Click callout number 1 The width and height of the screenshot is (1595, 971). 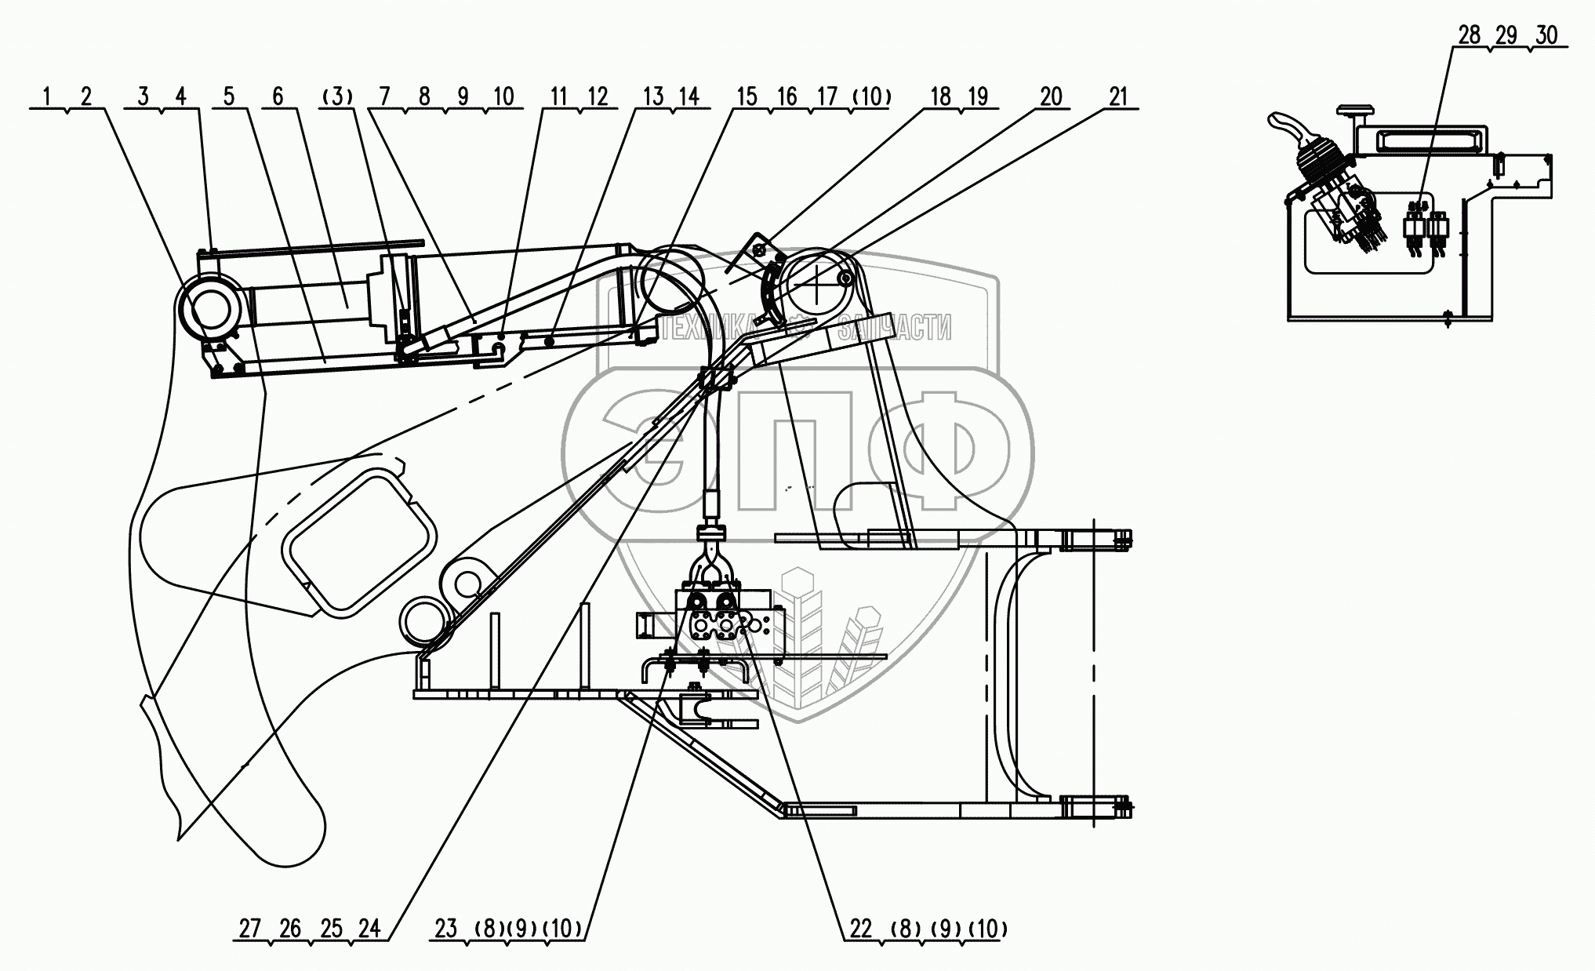[x=47, y=96]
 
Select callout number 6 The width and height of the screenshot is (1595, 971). [x=278, y=96]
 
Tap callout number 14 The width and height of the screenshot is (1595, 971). [x=689, y=96]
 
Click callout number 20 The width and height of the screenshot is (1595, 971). [x=1050, y=96]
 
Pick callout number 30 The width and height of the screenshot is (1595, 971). [x=1546, y=35]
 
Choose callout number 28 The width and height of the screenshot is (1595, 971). [x=1470, y=35]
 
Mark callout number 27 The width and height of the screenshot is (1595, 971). [x=249, y=929]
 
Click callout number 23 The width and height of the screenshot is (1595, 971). [x=445, y=929]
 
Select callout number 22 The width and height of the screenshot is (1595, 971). [x=860, y=929]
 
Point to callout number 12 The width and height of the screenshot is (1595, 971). [x=598, y=96]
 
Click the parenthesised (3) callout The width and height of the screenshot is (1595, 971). [x=337, y=96]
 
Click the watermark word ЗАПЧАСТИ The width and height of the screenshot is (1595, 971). [x=894, y=328]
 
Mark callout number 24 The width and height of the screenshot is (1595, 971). [x=369, y=929]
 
